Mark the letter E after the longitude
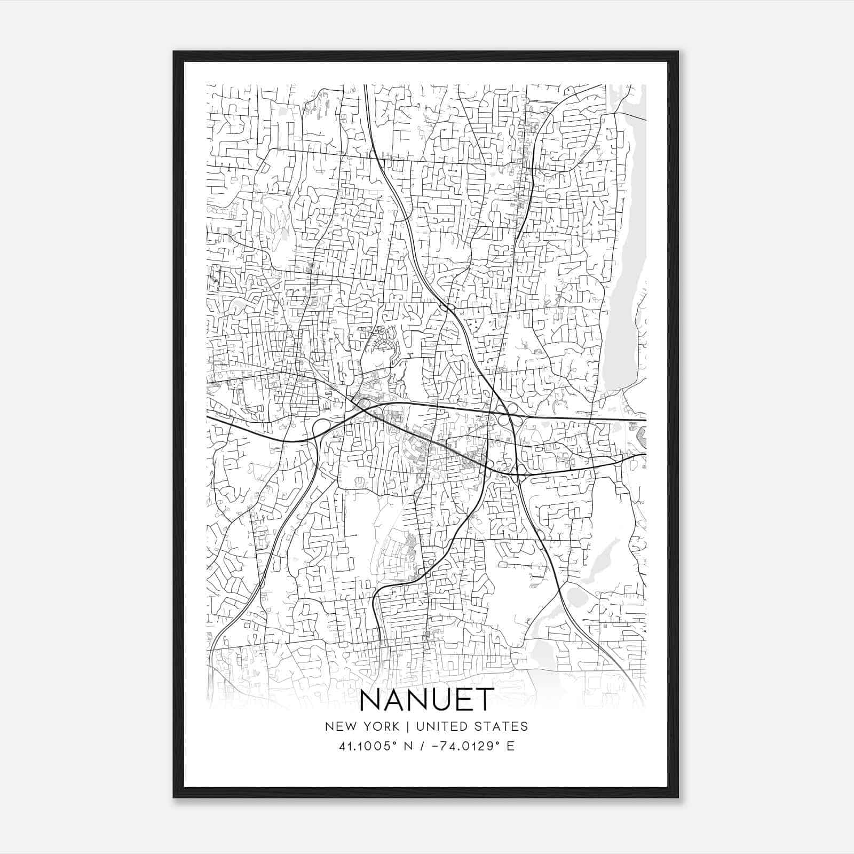[511, 746]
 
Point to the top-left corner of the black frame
[174, 52]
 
